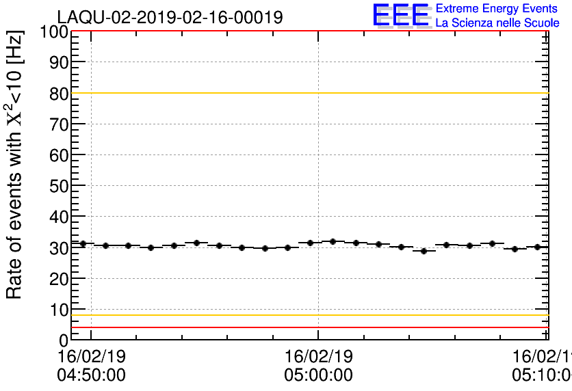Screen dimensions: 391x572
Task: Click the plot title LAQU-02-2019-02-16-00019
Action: pos(169,17)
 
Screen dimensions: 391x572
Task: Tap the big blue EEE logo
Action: pos(401,15)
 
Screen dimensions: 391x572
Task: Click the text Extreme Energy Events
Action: pos(496,9)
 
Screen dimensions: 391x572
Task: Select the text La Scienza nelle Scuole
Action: pos(497,23)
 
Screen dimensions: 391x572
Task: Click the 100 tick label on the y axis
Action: pos(53,31)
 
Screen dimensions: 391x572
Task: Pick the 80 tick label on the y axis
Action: pos(58,94)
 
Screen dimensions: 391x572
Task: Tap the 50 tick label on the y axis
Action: pos(58,186)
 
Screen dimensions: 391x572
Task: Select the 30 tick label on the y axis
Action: pos(58,248)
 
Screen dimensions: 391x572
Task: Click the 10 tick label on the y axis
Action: pos(58,310)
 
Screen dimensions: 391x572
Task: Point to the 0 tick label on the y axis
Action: pos(64,340)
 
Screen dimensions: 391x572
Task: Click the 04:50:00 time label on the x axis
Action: pos(92,375)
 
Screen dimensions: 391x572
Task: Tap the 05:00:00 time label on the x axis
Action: pos(318,375)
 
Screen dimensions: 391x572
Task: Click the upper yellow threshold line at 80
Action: pos(308,93)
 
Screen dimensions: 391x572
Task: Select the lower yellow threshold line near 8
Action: pos(308,315)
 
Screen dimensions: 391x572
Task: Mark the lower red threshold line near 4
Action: pos(308,327)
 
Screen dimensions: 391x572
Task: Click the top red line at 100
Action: pos(308,31)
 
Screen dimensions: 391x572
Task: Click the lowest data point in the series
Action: pos(424,251)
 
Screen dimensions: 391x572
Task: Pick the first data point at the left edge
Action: pos(83,243)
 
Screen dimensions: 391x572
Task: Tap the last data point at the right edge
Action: pos(538,247)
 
